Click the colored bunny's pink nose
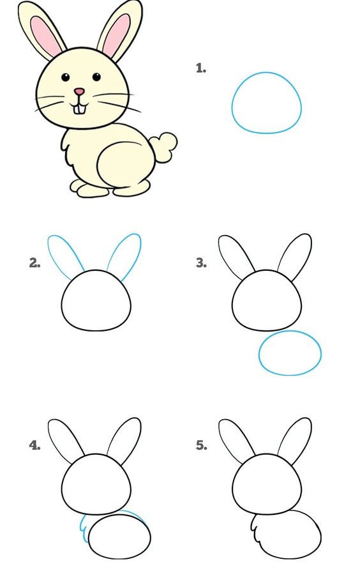click(79, 91)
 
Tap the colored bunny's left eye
click(65, 77)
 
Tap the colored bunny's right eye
click(96, 77)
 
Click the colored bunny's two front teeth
click(80, 109)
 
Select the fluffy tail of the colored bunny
click(163, 147)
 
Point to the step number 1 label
click(200, 68)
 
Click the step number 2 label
click(34, 263)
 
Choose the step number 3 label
click(200, 263)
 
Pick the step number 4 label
click(34, 445)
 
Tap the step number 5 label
click(201, 445)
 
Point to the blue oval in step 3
click(259, 353)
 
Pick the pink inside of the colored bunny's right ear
click(117, 34)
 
